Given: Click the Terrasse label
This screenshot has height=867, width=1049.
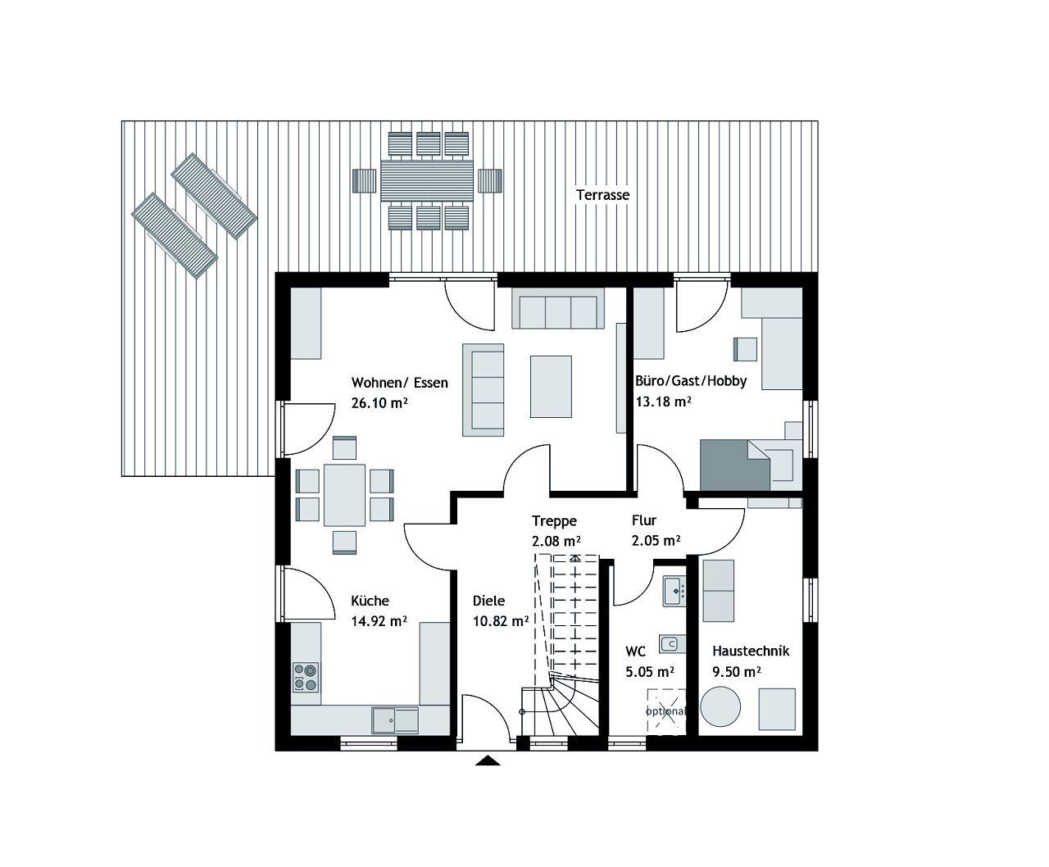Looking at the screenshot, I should [602, 195].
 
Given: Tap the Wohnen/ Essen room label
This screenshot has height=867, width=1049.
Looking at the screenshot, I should [399, 383].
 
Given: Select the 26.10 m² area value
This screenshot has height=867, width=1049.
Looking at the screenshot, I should [379, 403].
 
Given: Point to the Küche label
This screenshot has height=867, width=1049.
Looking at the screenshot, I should [370, 601].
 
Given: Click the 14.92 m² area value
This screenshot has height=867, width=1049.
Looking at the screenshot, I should [379, 621].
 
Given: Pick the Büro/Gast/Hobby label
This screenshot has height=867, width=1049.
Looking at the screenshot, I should [691, 381].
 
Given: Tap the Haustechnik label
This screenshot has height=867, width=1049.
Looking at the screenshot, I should [750, 651].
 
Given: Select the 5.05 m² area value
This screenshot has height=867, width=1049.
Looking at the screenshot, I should [649, 672].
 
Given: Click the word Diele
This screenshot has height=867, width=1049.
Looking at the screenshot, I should [488, 601].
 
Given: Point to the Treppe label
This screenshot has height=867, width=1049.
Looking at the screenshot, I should [554, 521].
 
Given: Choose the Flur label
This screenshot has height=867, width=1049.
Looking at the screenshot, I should [643, 520].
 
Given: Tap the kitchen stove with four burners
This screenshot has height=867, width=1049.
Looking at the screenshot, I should [306, 676].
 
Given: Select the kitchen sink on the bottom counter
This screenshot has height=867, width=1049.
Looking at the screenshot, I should [394, 719].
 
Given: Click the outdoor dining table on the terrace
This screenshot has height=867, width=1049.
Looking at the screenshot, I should [427, 180].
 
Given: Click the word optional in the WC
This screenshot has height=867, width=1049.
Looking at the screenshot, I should [665, 711].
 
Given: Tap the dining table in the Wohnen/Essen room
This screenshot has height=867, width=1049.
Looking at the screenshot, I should [344, 495].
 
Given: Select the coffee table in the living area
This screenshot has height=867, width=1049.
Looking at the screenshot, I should [551, 386].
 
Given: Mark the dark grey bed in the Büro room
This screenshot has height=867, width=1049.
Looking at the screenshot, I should [734, 465].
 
